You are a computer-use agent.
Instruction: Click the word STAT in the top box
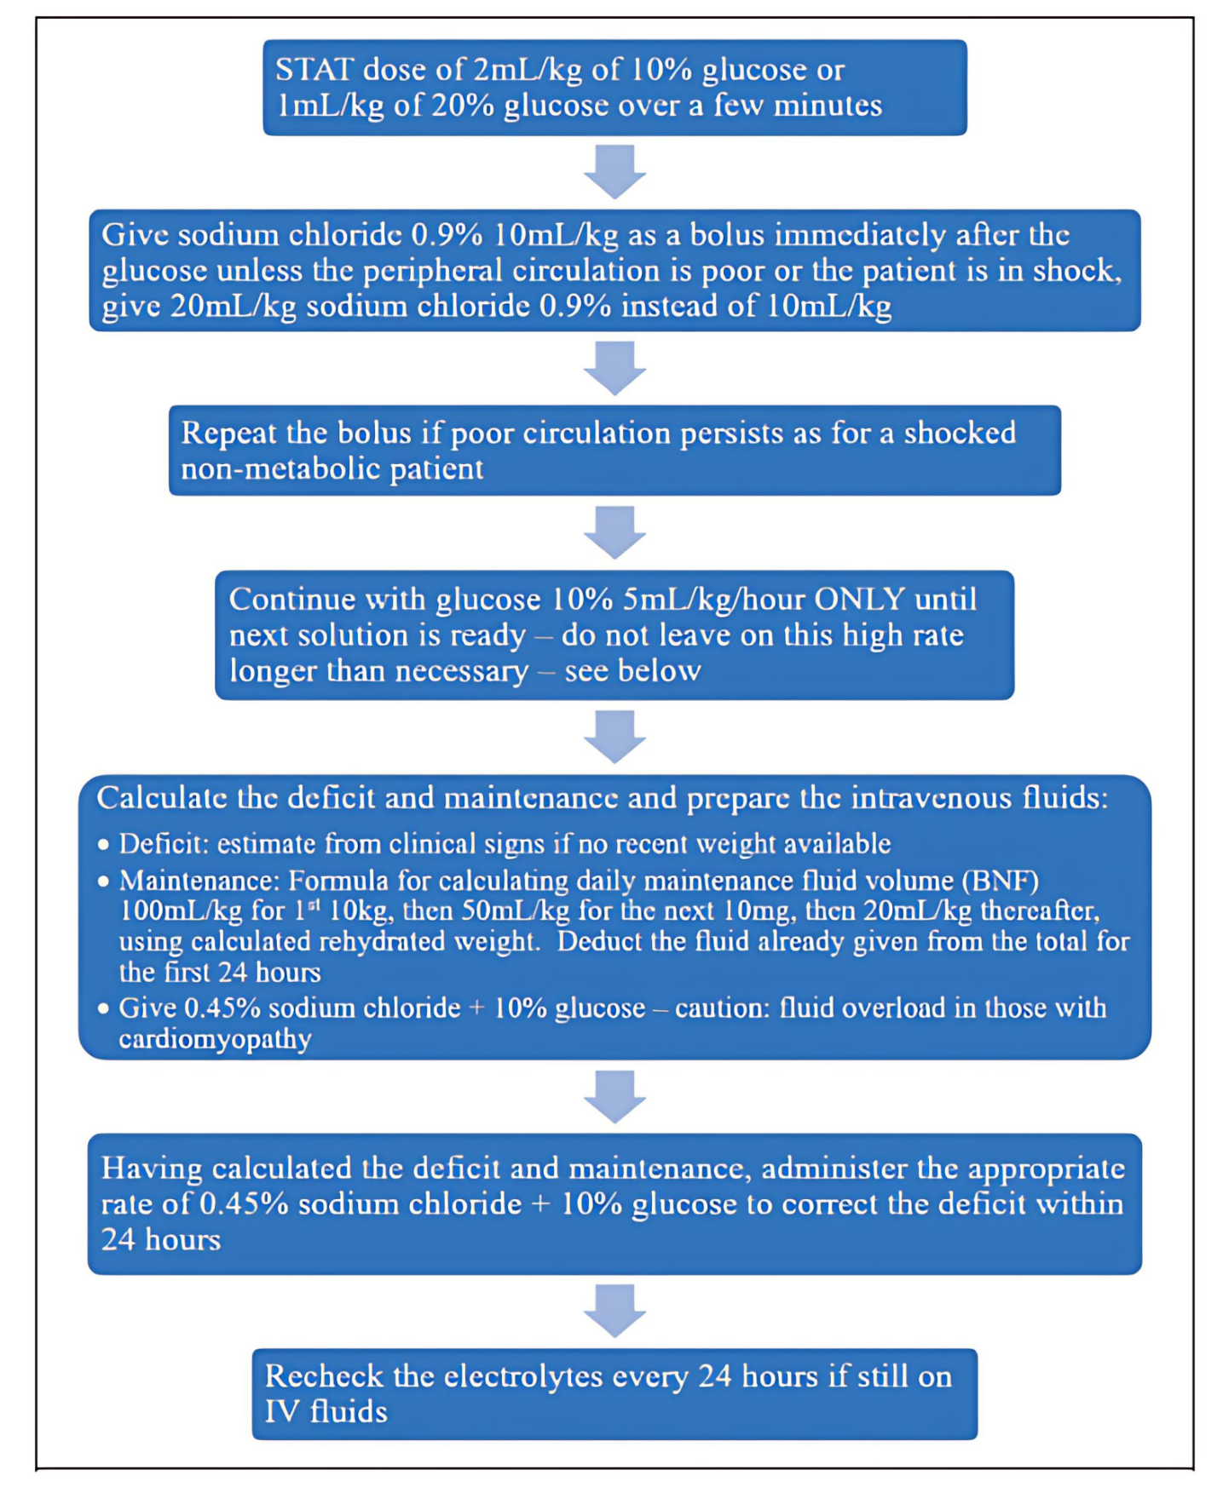(x=314, y=69)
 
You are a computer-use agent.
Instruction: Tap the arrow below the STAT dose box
(x=614, y=171)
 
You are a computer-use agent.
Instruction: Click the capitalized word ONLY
(x=859, y=599)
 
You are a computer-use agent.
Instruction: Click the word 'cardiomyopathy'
(x=215, y=1040)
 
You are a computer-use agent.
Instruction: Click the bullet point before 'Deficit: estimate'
(x=103, y=845)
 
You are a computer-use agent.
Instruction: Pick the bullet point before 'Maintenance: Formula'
(x=103, y=881)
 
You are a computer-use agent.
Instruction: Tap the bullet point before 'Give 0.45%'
(x=103, y=1008)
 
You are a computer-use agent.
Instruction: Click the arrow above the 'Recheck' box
(x=614, y=1310)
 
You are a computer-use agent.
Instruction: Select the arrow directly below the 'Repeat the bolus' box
(x=614, y=532)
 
